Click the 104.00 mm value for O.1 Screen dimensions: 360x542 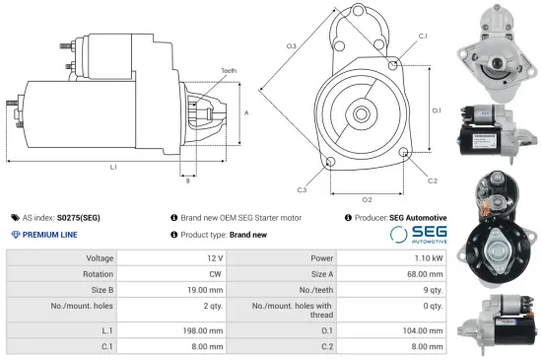point(421,330)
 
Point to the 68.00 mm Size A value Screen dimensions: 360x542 point(423,274)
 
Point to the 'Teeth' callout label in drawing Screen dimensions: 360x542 point(229,71)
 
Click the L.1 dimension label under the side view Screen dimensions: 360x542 point(113,168)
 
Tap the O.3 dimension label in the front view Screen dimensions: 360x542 point(292,46)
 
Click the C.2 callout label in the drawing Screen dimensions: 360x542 point(433,180)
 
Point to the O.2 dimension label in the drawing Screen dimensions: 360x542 point(367,199)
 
